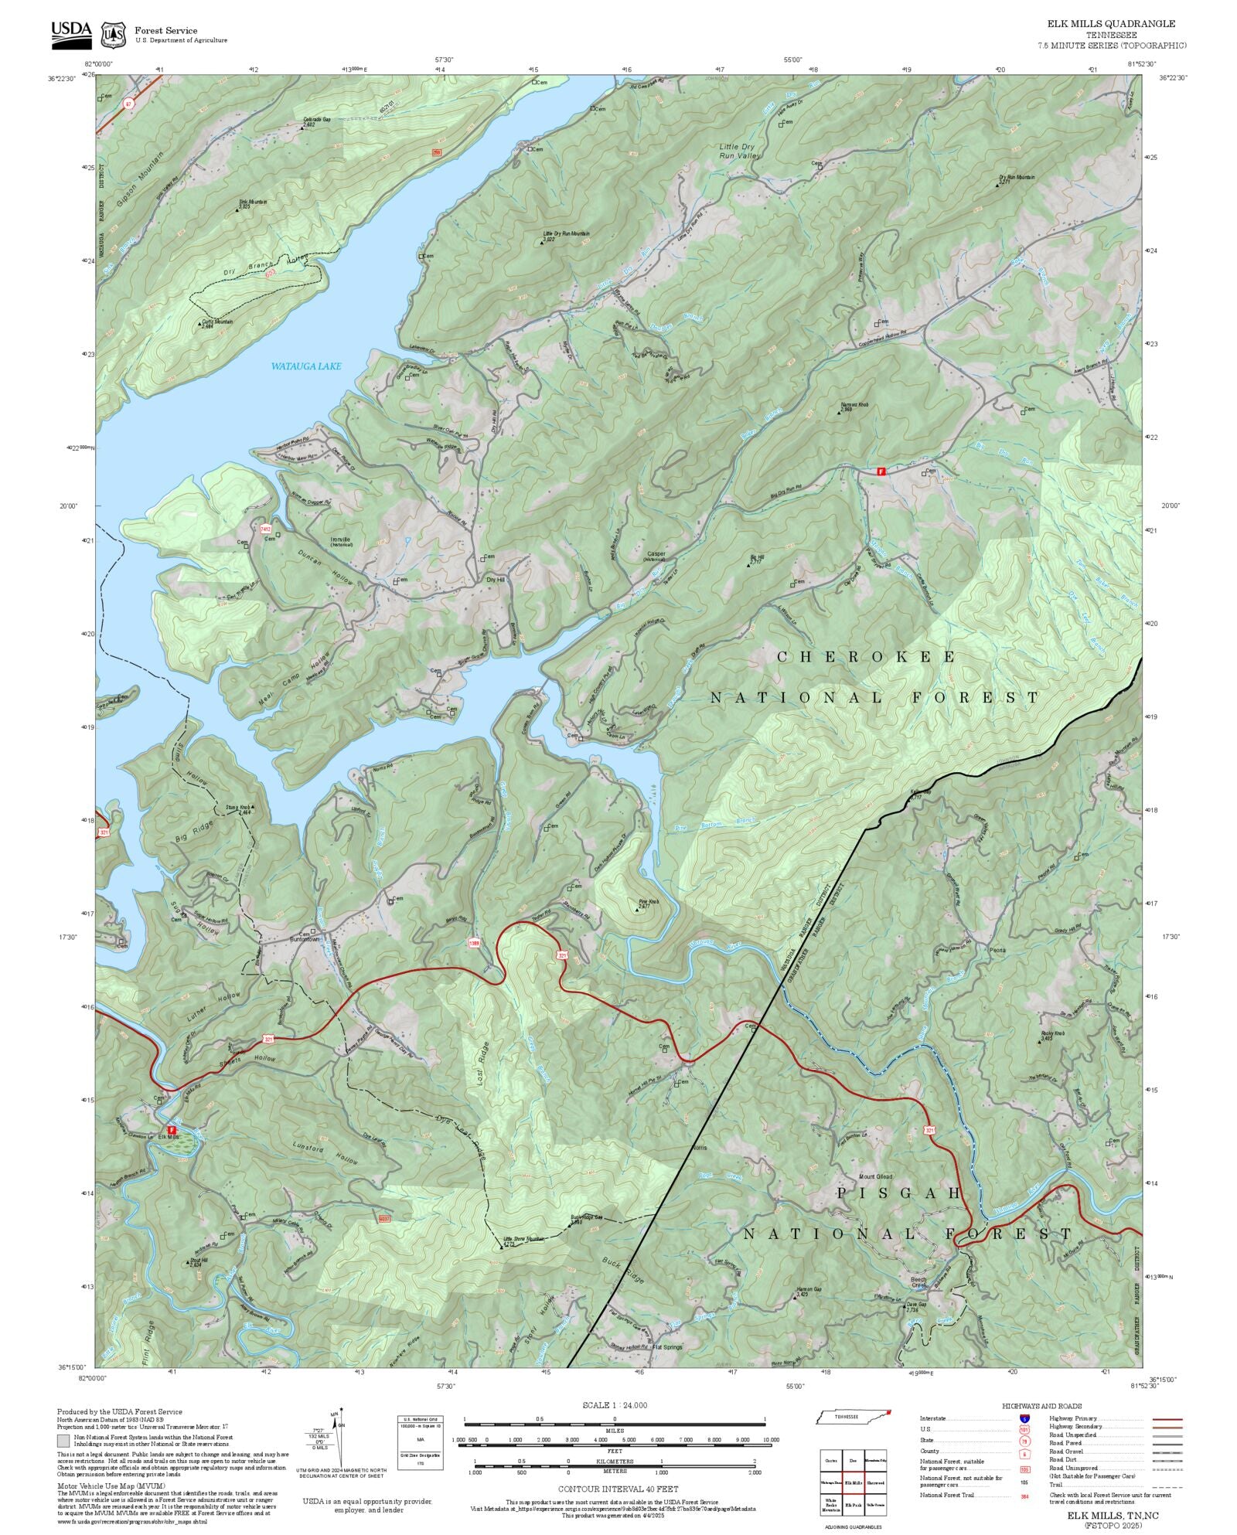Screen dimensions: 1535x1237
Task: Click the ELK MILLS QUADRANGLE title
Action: point(1111,24)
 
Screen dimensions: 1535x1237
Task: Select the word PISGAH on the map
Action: point(899,1193)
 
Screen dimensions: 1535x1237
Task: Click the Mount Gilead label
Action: point(876,1176)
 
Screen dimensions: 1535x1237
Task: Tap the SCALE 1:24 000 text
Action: point(615,1405)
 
